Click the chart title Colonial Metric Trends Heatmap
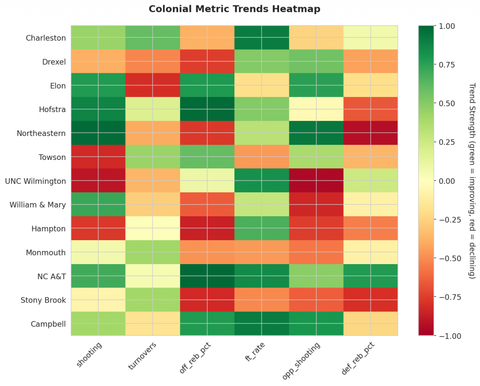tap(234, 9)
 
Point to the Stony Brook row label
tap(43, 300)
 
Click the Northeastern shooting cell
tap(98, 133)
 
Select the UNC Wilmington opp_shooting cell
tap(316, 181)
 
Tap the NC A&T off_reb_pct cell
tap(207, 276)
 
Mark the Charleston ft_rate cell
tap(262, 38)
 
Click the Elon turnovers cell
tap(152, 85)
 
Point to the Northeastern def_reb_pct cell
tap(371, 133)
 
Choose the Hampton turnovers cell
tap(152, 228)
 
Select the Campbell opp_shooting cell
tap(316, 324)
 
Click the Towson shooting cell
tap(98, 157)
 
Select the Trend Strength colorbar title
tap(472, 181)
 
